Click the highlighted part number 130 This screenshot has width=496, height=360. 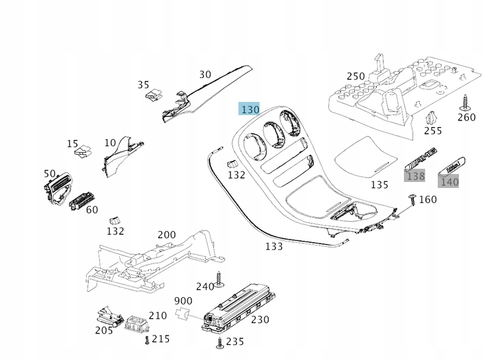250,110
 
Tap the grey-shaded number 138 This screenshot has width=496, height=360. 415,176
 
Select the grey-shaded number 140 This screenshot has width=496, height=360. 449,181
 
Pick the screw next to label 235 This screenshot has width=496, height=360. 219,341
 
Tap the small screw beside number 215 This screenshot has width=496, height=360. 146,339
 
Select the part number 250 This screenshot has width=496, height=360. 356,76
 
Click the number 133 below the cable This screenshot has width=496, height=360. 273,246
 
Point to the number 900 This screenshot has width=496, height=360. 183,300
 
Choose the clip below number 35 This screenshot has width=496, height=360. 153,95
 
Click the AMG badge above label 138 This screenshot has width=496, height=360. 422,159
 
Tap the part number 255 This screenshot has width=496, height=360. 432,131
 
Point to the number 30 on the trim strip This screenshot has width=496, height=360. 205,75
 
